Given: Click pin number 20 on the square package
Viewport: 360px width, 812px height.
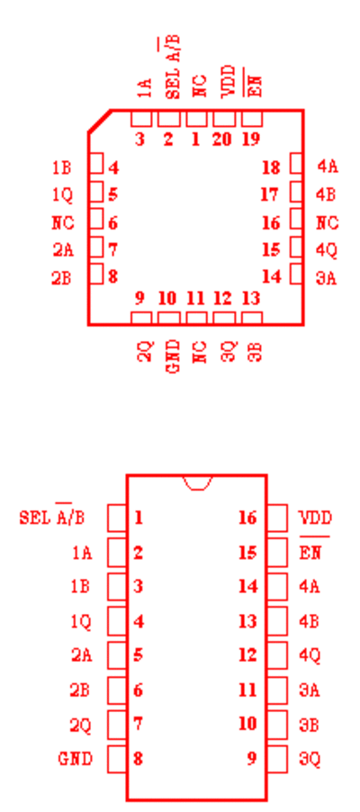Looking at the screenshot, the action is coord(221,140).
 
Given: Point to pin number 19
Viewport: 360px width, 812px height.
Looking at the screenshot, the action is coord(251,140).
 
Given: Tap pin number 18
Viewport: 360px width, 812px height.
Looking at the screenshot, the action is coord(271,167).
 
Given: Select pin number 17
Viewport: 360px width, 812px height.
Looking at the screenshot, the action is coord(270,194).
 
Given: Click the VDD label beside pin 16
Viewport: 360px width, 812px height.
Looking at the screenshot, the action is coord(316,518).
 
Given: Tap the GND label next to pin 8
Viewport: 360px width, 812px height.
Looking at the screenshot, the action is coord(76,759).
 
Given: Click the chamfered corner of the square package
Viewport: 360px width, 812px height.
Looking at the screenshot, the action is coord(100,122).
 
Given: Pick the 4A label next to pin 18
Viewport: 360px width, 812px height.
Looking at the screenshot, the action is coord(328,167).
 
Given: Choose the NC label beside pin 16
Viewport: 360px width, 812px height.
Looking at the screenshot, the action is coord(328,223).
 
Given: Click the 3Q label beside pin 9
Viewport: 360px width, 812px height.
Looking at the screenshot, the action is coord(310,759).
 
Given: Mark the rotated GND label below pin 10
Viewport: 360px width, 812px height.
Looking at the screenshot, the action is coord(174,356).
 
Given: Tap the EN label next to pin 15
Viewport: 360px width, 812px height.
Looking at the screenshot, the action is coord(310,552).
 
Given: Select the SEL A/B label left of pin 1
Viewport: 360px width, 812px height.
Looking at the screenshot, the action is coord(52,517).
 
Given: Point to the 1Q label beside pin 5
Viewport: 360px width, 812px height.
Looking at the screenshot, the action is coord(63,194).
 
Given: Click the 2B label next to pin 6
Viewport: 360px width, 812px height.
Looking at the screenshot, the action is coord(80,690).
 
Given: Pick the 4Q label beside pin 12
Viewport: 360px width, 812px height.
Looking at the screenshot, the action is coord(310,655).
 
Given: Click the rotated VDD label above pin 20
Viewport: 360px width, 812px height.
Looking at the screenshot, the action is coord(229,82).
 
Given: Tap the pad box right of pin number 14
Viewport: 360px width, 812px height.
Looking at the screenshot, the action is coord(296,274).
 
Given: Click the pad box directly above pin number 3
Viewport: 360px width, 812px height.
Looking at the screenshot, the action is coord(141,119).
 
